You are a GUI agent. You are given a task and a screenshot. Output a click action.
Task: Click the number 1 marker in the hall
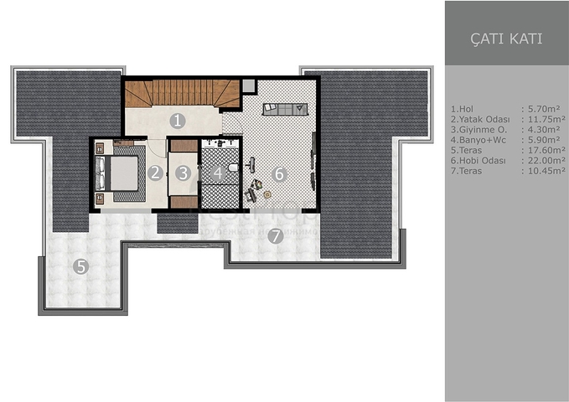coord(177,121)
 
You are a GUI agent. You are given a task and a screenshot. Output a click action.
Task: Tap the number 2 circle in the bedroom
coord(155,173)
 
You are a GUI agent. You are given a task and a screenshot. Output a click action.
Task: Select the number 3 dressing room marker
coord(184,174)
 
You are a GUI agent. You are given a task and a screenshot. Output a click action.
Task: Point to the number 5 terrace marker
coord(80,268)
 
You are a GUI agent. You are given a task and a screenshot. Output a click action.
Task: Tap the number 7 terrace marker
coord(275,235)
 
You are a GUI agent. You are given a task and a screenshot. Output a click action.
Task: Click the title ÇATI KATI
coord(507,39)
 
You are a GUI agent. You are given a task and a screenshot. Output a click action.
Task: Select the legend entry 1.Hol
coord(463,109)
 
